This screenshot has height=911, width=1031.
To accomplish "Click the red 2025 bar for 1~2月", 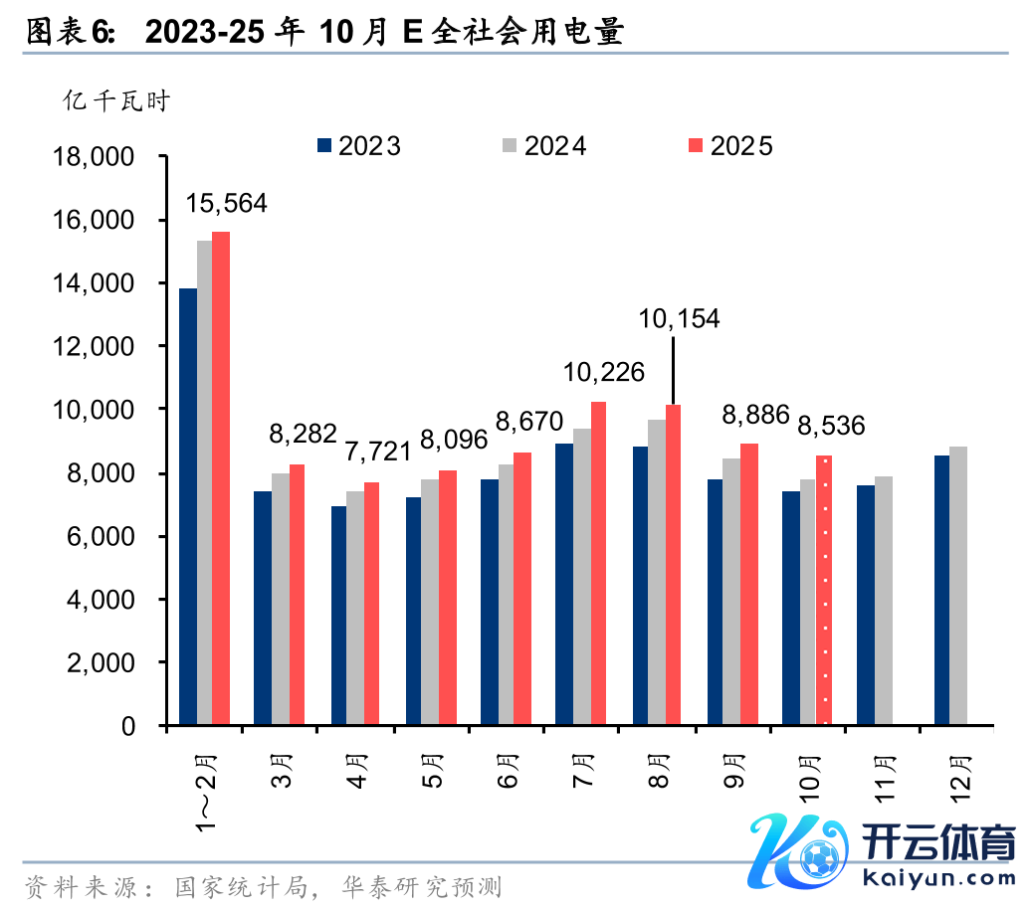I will (221, 477).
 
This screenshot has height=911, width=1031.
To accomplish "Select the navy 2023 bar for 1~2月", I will (187, 506).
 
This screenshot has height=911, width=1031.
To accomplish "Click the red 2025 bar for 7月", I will (598, 563).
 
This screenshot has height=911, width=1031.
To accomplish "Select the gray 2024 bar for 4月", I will (355, 608).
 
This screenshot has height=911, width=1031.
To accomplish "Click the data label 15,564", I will (227, 204).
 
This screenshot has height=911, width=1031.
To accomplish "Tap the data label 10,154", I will (679, 318).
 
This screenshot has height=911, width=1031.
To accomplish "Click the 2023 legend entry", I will (358, 146).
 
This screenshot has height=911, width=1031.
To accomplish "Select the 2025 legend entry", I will (731, 146).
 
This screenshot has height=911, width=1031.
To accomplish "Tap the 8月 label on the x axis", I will (658, 772).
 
